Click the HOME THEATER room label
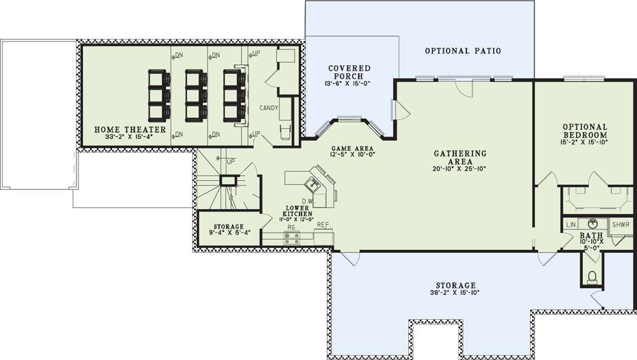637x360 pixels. pos(130,129)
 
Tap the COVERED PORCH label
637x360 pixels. pos(349,73)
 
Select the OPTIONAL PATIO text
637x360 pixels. pos(462,51)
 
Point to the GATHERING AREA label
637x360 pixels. pos(460,157)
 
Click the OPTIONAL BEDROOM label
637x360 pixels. pos(585,131)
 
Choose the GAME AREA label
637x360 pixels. pos(352,148)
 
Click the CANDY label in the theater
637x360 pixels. pos(269,108)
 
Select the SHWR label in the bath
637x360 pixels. pos(620,224)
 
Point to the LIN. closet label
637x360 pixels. pos(571,225)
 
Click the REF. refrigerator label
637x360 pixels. pos(324,224)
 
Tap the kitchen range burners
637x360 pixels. pos(292,238)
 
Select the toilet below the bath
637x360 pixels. pos(592,277)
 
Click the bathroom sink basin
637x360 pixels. pos(592,223)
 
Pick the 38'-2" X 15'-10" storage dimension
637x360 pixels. pos(455,292)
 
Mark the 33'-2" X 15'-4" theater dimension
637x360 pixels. pos(129,137)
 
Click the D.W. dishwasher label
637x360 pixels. pos(307,201)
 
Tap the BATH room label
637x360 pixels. pos(591,236)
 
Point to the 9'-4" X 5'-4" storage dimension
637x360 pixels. pos(228,233)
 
